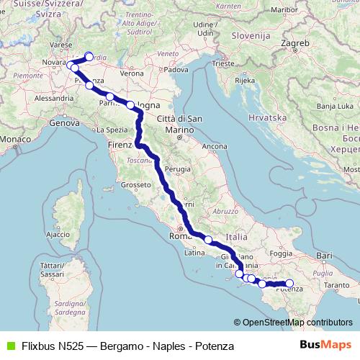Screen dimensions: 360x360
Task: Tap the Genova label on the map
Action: click(x=63, y=123)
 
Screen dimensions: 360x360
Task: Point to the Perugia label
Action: click(x=176, y=168)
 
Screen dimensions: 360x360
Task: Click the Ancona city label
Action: click(x=215, y=146)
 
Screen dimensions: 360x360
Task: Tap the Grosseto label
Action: click(x=135, y=185)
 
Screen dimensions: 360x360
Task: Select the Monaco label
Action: click(x=13, y=138)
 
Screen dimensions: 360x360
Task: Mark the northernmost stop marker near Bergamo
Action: click(x=89, y=56)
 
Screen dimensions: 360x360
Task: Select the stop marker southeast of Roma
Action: click(x=208, y=240)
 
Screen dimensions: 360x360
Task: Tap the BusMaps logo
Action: click(x=325, y=346)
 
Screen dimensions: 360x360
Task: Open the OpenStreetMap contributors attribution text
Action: click(x=297, y=322)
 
